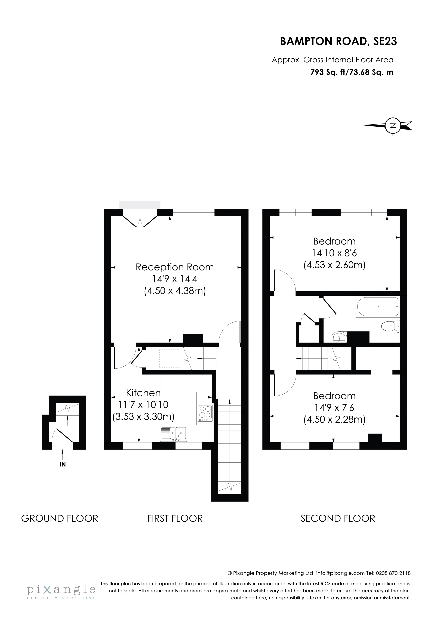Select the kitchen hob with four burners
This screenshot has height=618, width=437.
coord(205,413)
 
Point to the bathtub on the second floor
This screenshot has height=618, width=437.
coord(377,307)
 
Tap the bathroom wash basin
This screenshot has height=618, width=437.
coord(339,337)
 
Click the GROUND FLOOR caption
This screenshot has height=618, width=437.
coord(60,518)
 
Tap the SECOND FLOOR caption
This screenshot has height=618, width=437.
coord(338,518)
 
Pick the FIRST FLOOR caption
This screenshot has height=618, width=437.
coord(175,518)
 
